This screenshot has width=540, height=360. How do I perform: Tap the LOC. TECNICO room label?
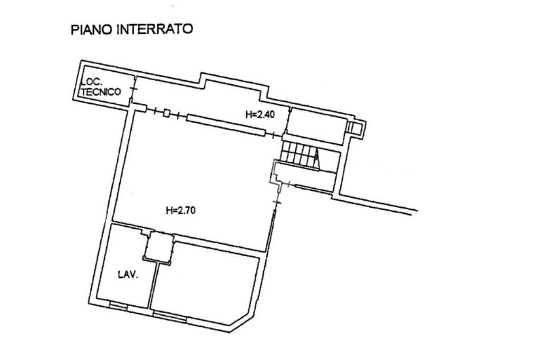click(x=101, y=87)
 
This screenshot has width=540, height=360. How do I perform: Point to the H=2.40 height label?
click(x=261, y=114)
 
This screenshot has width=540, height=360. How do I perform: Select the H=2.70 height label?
click(x=181, y=210)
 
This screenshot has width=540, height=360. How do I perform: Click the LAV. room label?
click(x=127, y=275)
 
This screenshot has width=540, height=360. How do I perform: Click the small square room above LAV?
click(x=159, y=247)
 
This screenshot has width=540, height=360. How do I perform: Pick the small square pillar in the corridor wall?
click(x=167, y=113)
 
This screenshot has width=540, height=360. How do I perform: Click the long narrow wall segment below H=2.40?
click(x=225, y=125)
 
